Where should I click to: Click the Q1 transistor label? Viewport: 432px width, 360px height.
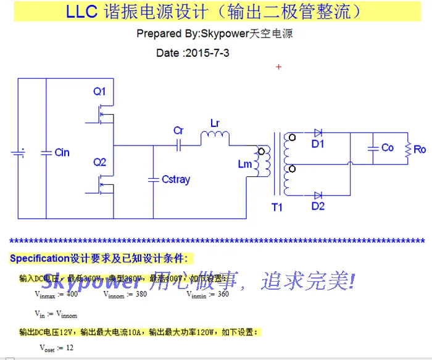click(x=100, y=91)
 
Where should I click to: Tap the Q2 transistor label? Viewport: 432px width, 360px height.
click(x=100, y=162)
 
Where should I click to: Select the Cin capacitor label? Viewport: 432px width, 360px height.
click(x=62, y=152)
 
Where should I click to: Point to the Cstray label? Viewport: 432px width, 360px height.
click(x=176, y=179)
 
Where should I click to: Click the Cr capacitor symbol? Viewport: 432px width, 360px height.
click(x=178, y=145)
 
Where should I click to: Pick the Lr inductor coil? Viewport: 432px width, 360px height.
click(x=215, y=136)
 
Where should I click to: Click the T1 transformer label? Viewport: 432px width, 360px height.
click(x=277, y=207)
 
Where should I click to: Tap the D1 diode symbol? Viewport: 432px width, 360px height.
click(x=317, y=133)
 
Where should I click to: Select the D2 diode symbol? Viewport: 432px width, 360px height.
click(x=317, y=195)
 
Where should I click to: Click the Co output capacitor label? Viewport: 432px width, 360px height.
click(x=388, y=148)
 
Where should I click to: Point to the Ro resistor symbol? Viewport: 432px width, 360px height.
click(x=408, y=149)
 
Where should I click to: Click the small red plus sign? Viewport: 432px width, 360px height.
click(x=278, y=67)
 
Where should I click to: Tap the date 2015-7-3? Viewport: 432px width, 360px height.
click(x=207, y=53)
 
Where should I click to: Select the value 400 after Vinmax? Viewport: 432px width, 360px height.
click(x=72, y=294)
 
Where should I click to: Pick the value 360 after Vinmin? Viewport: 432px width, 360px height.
click(x=222, y=294)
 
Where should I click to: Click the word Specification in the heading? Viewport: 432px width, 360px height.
click(x=38, y=258)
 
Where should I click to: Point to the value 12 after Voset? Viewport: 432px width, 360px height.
click(x=69, y=348)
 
